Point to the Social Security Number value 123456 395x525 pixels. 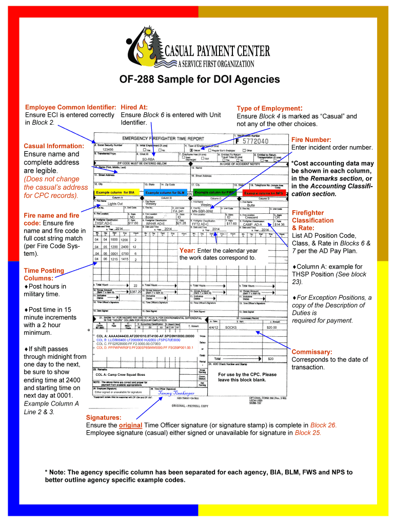pyautogui.click(x=108, y=149)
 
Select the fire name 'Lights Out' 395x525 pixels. pyautogui.click(x=115, y=204)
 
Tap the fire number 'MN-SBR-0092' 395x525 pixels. pyautogui.click(x=202, y=211)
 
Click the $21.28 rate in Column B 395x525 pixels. pyautogui.click(x=181, y=224)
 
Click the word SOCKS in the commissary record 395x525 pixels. pyautogui.click(x=231, y=327)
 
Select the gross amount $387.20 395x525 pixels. pyautogui.click(x=135, y=292)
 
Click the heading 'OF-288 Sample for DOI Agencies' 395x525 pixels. pyautogui.click(x=200, y=79)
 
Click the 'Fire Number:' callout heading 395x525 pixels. pyautogui.click(x=311, y=139)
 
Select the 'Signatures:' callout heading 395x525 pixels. pyautogui.click(x=104, y=418)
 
